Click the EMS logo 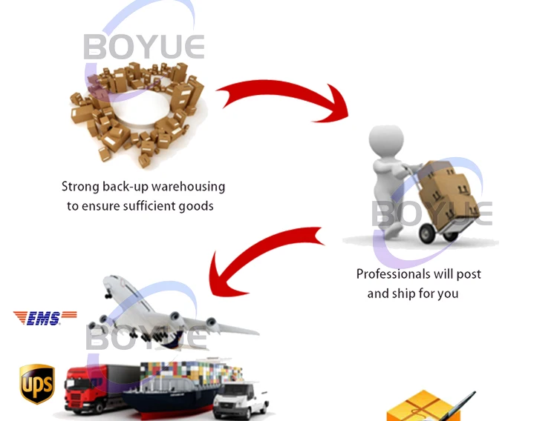[x=45, y=317]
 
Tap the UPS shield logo [x=36, y=383]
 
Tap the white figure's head [x=387, y=142]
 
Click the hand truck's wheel [x=428, y=235]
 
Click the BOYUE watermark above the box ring [x=143, y=47]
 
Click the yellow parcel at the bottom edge [x=417, y=408]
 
